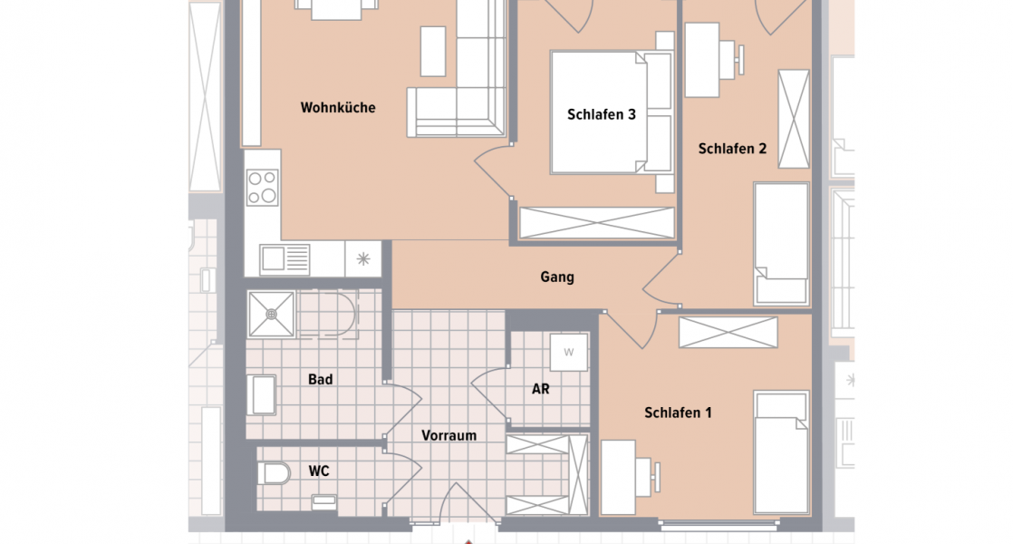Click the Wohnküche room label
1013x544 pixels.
click(337, 108)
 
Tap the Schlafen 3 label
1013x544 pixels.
click(601, 115)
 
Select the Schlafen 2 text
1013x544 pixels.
click(732, 149)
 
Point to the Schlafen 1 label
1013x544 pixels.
click(678, 413)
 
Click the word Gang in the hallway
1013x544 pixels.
click(556, 277)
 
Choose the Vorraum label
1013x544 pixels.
click(449, 435)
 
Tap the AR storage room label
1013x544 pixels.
click(540, 390)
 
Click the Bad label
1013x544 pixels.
click(320, 380)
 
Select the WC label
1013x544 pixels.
click(318, 471)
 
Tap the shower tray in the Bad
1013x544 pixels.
click(272, 314)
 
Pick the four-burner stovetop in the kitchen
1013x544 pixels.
click(264, 188)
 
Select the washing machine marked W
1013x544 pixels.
click(569, 352)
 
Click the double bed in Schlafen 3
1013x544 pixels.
click(611, 112)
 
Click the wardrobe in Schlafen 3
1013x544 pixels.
click(597, 223)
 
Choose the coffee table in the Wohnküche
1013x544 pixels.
click(433, 51)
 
